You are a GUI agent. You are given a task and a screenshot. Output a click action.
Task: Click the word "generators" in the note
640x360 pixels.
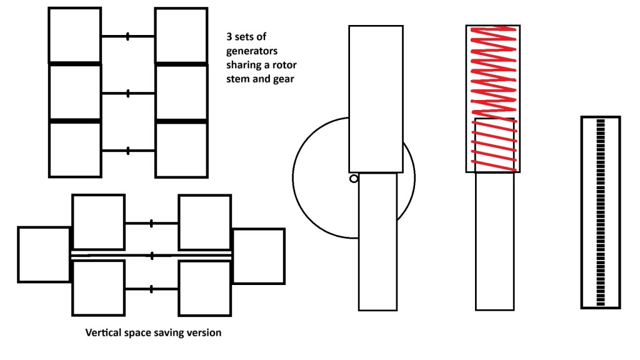[x=252, y=51]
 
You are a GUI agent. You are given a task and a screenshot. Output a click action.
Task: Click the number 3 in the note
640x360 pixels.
[x=229, y=36]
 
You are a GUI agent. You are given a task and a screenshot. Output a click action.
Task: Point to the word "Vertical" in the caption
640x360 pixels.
[x=102, y=332]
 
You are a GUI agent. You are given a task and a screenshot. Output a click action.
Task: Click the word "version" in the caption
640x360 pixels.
[x=203, y=332]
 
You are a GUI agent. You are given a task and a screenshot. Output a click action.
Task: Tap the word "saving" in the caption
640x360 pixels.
[x=167, y=332]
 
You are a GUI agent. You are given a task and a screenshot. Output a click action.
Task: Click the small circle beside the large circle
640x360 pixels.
[x=353, y=179]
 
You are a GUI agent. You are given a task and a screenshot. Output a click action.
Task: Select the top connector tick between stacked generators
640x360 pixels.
[x=128, y=36]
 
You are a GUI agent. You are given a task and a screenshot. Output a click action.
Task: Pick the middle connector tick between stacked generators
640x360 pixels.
[x=128, y=94]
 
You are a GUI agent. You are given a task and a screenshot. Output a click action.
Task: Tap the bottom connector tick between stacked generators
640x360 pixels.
[x=128, y=151]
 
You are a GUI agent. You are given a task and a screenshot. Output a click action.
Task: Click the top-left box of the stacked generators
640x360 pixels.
[x=74, y=36]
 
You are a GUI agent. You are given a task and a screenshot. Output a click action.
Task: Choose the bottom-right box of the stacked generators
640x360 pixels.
[x=181, y=150]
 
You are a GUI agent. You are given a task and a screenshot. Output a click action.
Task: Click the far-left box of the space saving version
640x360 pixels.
[x=44, y=254]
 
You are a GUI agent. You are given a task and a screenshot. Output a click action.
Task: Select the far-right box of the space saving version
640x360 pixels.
[x=259, y=255]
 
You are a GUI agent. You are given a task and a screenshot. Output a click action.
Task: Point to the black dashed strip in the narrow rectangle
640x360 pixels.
[x=601, y=212]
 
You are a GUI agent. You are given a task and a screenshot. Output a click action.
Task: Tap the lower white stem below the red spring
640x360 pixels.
[x=494, y=250]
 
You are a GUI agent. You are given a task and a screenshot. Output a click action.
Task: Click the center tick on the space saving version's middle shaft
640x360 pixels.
[x=152, y=256]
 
